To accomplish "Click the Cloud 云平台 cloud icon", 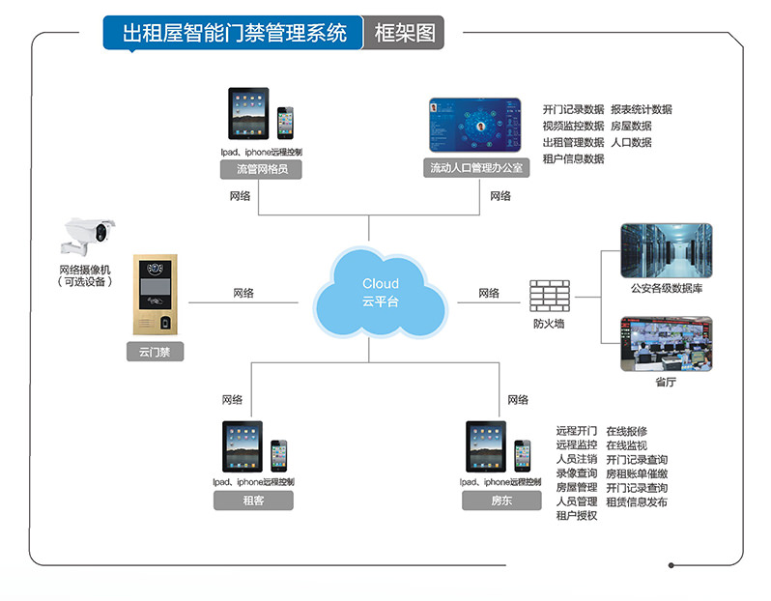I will [380, 293].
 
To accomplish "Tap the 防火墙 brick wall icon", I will [549, 295].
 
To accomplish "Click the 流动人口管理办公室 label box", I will [476, 169].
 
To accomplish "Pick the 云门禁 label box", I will [155, 354].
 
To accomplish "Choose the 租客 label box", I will [253, 501].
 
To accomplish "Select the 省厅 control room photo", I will [666, 344].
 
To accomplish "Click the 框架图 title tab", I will [404, 33].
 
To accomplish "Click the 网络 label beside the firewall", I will [489, 293].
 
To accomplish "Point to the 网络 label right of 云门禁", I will [243, 293].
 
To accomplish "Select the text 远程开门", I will [576, 431].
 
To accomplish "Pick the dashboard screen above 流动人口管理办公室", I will [475, 125].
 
